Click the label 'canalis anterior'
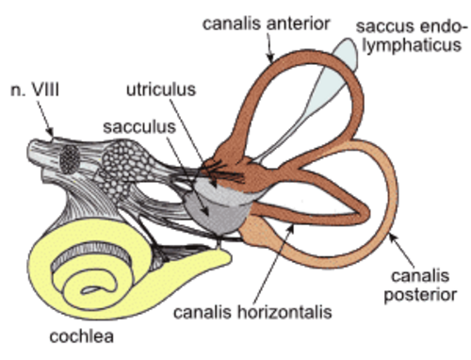pos(266,24)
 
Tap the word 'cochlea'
pos(82,336)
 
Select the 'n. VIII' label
pos(35,90)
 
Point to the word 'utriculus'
pos(161,90)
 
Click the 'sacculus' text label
pos(139,127)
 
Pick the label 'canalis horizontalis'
pos(252,312)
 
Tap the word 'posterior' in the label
pos(420,295)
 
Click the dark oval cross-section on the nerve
pos(70,160)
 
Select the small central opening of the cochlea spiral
pos(90,289)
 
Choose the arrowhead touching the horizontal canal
pos(291,229)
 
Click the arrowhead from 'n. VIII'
pos(50,132)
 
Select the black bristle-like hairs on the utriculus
pos(224,172)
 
